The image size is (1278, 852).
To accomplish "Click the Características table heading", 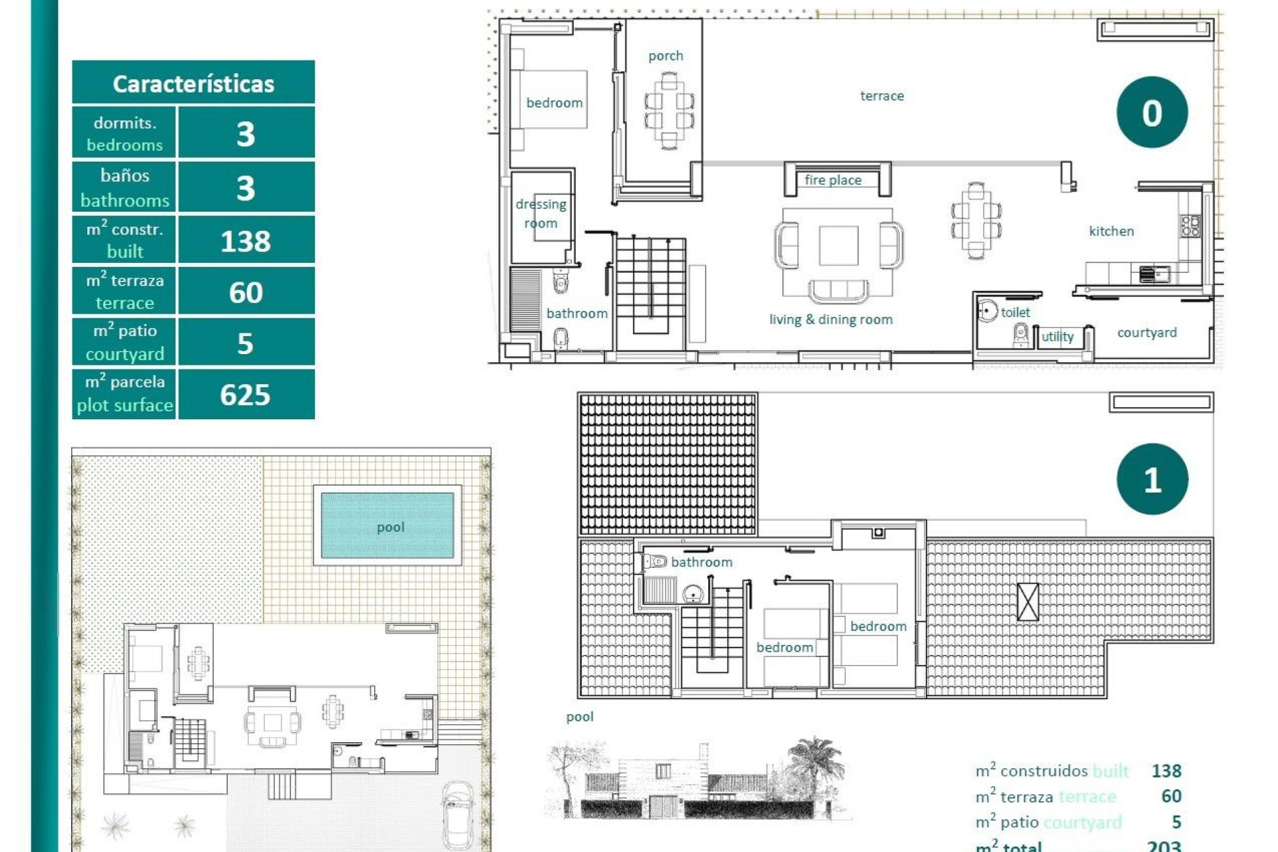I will (193, 84).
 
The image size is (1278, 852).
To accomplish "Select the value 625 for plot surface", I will (245, 395).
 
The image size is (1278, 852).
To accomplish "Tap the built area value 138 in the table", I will (245, 241).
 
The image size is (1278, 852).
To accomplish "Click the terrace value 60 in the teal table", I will (245, 292).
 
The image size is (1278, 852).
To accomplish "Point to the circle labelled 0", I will (1152, 112).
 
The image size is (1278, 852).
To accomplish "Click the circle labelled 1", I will (1152, 479).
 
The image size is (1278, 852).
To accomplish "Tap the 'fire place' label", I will (833, 180).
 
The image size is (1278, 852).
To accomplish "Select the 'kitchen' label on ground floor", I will (1111, 231).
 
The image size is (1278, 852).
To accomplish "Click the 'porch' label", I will (665, 56).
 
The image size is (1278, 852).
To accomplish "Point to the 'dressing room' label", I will (540, 213).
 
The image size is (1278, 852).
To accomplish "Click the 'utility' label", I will (1057, 337).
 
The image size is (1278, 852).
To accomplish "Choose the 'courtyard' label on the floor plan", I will (1146, 332).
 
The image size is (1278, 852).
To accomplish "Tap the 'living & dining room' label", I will (831, 319).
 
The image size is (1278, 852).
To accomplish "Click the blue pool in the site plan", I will (387, 526).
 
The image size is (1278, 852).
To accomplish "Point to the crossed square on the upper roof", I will (1028, 602).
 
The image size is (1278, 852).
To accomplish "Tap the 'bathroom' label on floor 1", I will (701, 562).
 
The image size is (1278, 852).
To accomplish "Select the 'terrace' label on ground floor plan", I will (881, 96).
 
